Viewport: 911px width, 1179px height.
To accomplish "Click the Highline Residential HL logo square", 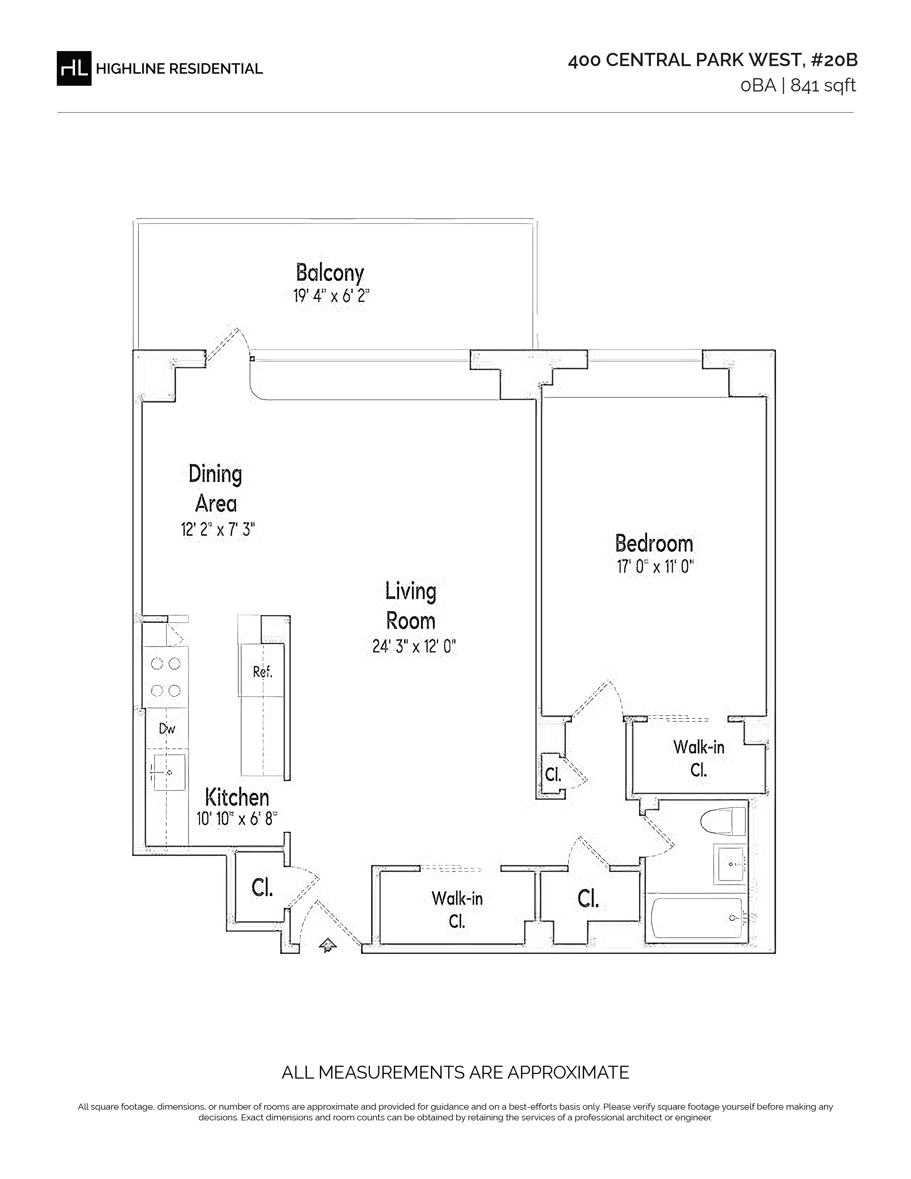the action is coord(74,69).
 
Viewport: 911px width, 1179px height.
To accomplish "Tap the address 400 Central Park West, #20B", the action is coord(712,60).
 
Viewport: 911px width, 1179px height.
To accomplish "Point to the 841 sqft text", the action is coord(823,86).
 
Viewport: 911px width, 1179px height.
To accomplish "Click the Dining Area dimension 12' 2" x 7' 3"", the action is coord(218,529).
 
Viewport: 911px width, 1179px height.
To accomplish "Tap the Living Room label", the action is coord(411,606).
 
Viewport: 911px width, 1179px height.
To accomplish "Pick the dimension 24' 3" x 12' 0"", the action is coord(414,646).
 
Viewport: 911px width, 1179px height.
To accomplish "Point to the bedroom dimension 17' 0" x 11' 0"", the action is coord(654,567).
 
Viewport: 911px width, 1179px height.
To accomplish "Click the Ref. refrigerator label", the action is coord(263,672).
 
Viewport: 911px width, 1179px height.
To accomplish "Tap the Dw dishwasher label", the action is coord(167,729).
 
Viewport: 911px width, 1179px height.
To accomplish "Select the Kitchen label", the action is coord(237,797).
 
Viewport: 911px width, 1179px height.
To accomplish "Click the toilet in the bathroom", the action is coord(723,823).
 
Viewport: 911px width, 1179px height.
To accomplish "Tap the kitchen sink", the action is coord(169,772).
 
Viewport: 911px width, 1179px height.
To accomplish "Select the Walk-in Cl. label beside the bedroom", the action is coord(699,758).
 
